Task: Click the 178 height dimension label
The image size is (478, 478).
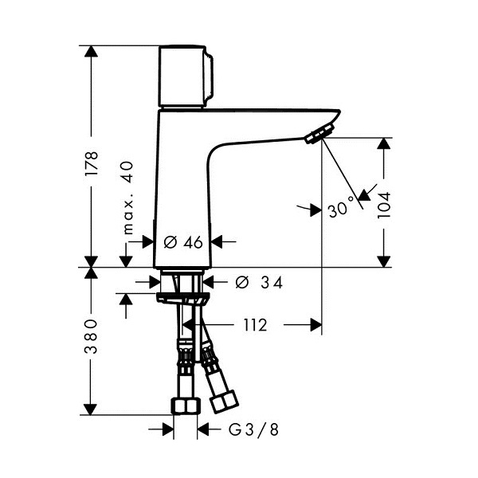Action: tap(92, 163)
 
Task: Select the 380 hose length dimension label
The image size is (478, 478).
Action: tap(91, 336)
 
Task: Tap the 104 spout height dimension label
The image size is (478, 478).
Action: tap(383, 206)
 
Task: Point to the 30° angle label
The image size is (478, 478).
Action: tap(341, 208)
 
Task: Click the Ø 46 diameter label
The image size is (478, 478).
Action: tap(183, 242)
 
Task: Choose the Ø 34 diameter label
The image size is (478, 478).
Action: tap(260, 282)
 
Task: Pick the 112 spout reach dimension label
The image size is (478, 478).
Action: tap(255, 325)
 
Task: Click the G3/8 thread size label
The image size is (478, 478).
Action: tap(253, 430)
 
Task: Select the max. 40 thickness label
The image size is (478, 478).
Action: tap(128, 198)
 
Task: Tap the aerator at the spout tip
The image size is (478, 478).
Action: tap(320, 133)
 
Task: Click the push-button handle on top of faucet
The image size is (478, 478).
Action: tap(186, 76)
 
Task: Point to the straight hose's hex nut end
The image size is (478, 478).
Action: tap(186, 406)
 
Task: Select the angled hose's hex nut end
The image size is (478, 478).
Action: tap(225, 402)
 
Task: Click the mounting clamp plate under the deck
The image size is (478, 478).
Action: tap(183, 298)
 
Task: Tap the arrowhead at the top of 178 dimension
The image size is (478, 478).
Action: tap(91, 51)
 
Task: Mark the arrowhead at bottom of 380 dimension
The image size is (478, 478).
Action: tap(91, 409)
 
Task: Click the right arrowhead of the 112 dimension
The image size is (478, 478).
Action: tap(316, 325)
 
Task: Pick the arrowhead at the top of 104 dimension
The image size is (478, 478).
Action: tap(383, 143)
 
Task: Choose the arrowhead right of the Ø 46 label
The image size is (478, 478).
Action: tap(217, 241)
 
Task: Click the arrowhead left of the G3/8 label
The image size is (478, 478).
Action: tap(168, 429)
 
